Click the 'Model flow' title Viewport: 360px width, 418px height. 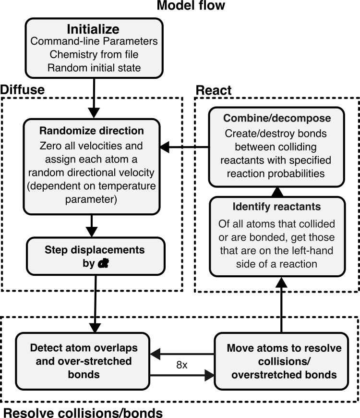(x=191, y=5)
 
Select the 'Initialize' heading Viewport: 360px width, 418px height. (x=93, y=29)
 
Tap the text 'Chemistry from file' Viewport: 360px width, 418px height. (x=94, y=54)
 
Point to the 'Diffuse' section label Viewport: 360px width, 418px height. (x=23, y=89)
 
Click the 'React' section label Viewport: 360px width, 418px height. (x=214, y=90)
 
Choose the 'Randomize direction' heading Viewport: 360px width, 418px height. (x=92, y=131)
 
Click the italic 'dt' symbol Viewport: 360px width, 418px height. (x=103, y=263)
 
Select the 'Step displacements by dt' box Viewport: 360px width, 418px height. (x=96, y=256)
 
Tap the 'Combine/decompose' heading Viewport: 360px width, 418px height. (x=277, y=118)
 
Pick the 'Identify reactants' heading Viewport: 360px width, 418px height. (x=276, y=207)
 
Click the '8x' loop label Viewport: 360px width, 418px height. (x=182, y=365)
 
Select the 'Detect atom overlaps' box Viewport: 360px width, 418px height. (x=83, y=361)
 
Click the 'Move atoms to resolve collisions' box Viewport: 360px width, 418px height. (x=281, y=361)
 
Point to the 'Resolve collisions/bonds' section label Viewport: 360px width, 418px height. (x=83, y=412)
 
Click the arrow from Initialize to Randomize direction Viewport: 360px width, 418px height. (x=94, y=98)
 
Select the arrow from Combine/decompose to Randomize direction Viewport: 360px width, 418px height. (x=184, y=147)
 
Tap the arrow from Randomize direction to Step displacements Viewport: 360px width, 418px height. (x=92, y=226)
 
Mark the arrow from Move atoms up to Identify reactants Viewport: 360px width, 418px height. (x=281, y=305)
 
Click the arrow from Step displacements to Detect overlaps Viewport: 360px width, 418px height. (x=95, y=304)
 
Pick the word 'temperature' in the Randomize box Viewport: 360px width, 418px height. (x=126, y=186)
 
